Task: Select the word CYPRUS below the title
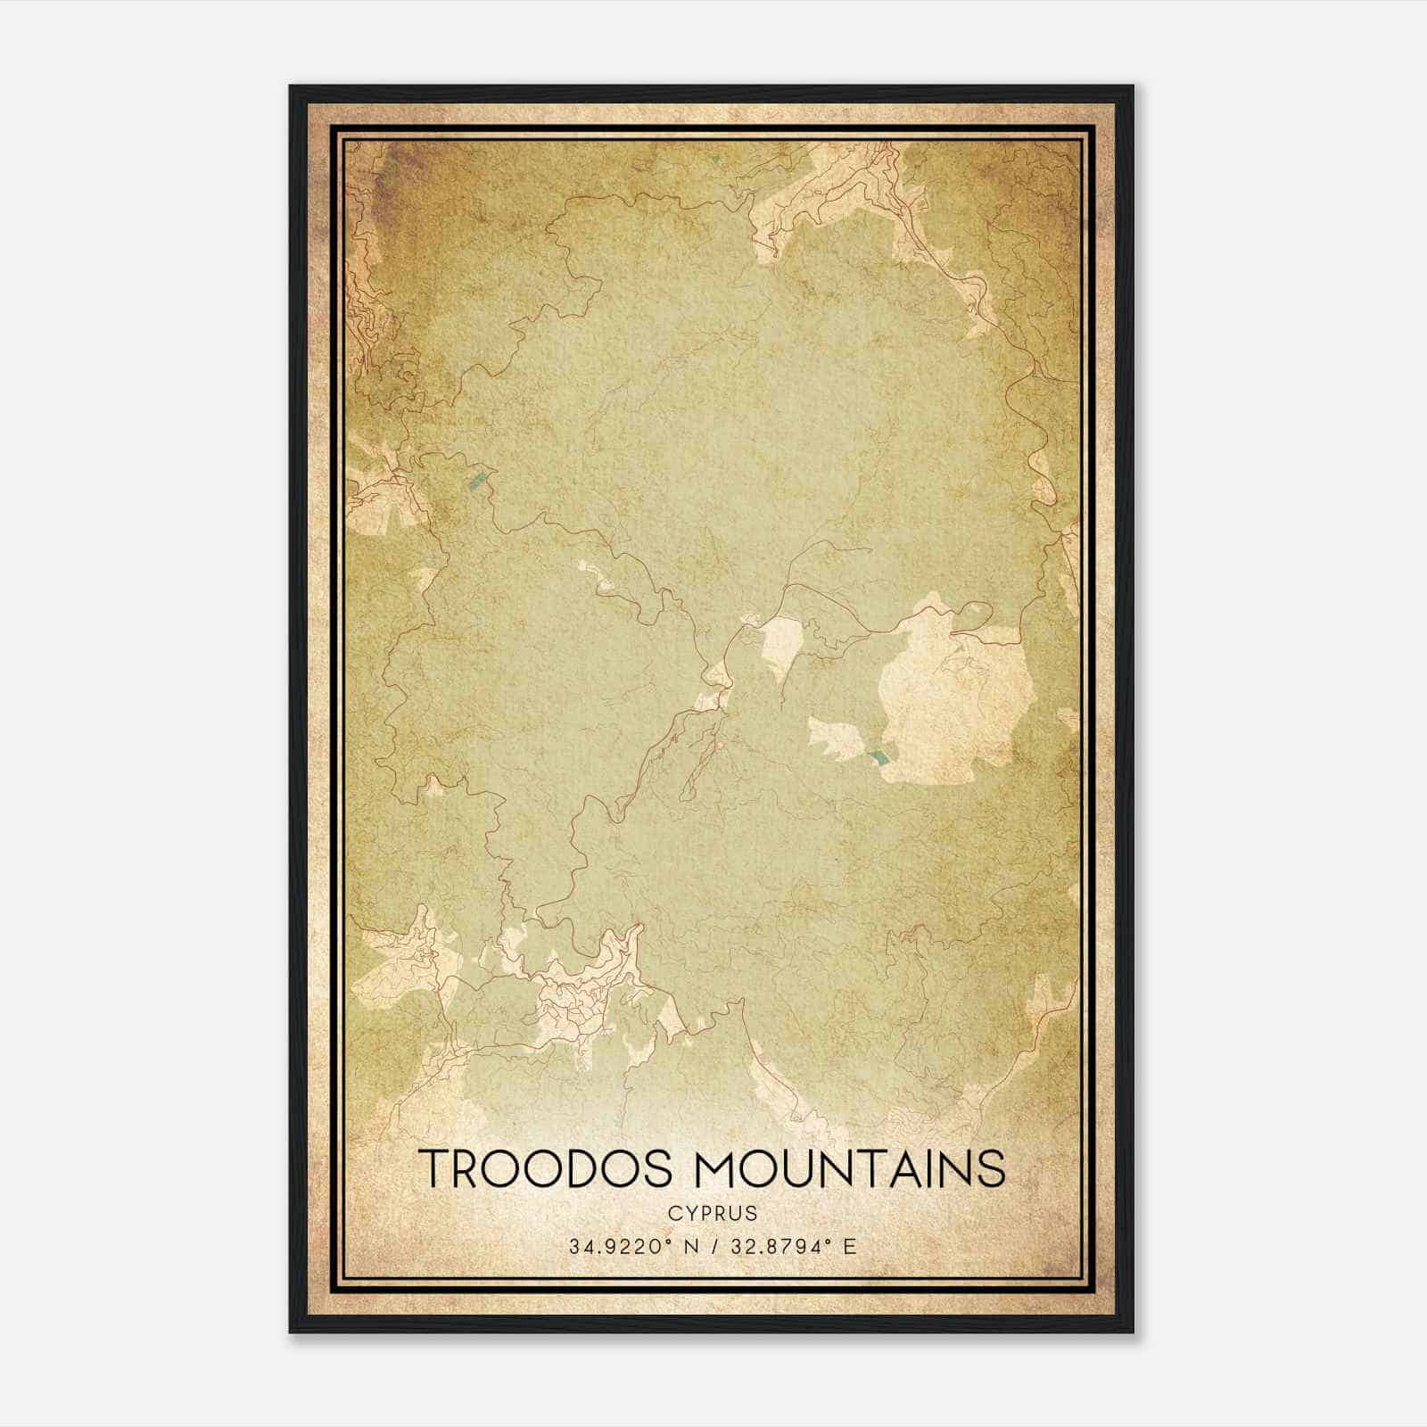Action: coord(712,1213)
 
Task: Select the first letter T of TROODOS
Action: coord(434,1168)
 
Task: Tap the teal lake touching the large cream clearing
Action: coord(878,758)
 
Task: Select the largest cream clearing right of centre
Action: coord(954,696)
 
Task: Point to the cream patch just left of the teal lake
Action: coord(834,740)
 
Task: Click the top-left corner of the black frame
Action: coord(291,87)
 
